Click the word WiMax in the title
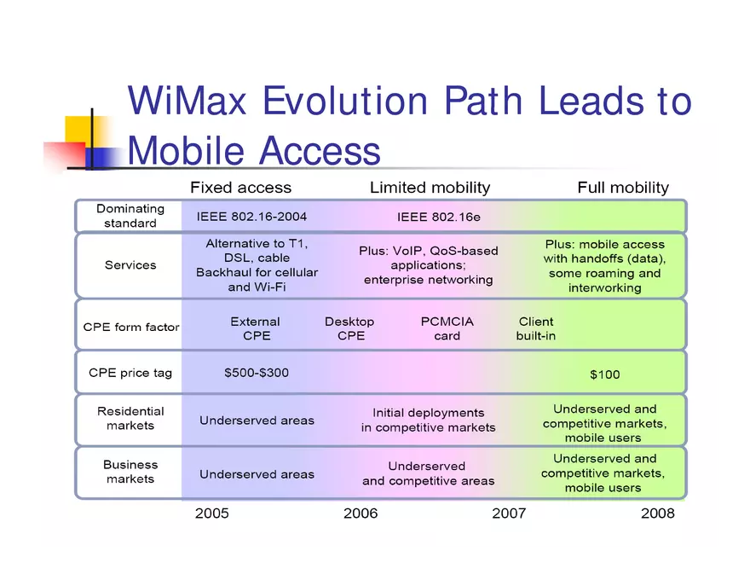(187, 101)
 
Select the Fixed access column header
(240, 188)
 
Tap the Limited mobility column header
(430, 188)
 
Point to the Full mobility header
(623, 188)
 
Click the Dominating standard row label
(130, 216)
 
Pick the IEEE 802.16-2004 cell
(252, 217)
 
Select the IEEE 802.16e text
(439, 217)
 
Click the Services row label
(130, 265)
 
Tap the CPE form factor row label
(131, 327)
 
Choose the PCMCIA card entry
(447, 328)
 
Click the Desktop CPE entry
(349, 328)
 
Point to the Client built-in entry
(536, 328)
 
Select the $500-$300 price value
(257, 373)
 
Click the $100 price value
(605, 374)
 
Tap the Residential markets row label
(130, 418)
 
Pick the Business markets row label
(130, 472)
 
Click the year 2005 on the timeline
(212, 513)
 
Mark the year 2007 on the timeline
(509, 513)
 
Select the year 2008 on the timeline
(657, 513)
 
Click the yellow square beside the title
(78, 129)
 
